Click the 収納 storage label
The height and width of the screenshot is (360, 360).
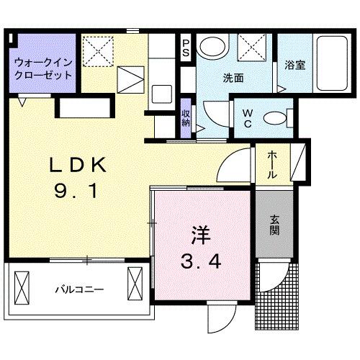[x=186, y=117]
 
